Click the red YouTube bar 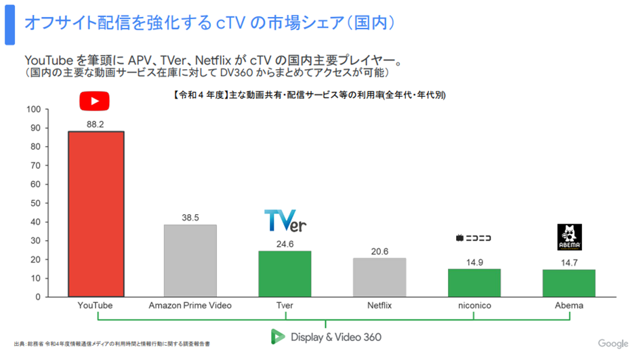96,214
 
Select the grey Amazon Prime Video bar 190,260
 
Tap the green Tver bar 285,273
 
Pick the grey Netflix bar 379,277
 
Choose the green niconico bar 474,283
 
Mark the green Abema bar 569,283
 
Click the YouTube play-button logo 94,101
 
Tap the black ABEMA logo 569,237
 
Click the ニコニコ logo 474,238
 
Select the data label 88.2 96,124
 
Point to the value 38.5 190,218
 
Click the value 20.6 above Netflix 379,252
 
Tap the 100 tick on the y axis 35,109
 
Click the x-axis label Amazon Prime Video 190,306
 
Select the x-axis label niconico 474,306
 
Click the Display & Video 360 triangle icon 277,337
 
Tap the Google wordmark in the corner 613,344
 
